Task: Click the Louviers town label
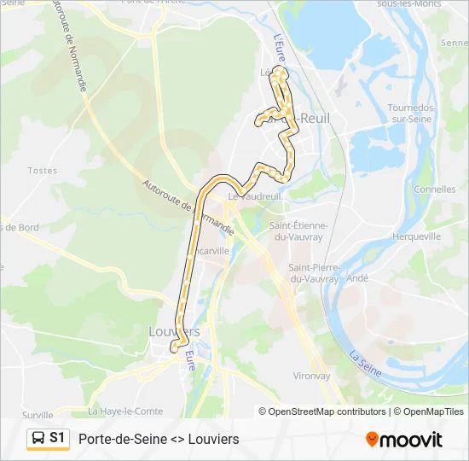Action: click(174, 331)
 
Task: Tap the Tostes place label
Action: click(42, 171)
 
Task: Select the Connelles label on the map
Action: click(435, 190)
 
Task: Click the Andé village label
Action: click(358, 278)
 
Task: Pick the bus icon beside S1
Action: click(38, 439)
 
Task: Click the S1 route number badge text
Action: click(57, 438)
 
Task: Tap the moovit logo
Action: click(404, 440)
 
